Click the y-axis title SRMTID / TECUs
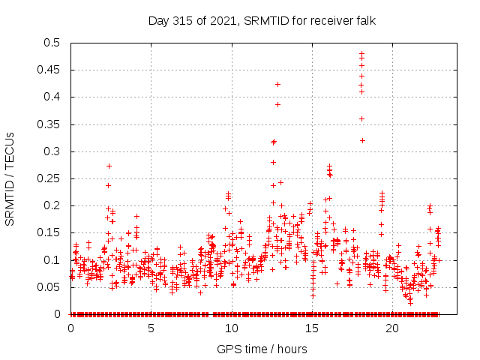tap(10, 178)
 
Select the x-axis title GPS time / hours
tap(262, 349)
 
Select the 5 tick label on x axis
tap(151, 328)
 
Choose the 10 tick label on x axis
tap(232, 328)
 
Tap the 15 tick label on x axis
tap(312, 328)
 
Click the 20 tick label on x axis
tap(392, 328)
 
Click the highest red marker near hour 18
tap(361, 54)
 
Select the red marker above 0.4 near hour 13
tap(277, 84)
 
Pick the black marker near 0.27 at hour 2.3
tap(109, 166)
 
